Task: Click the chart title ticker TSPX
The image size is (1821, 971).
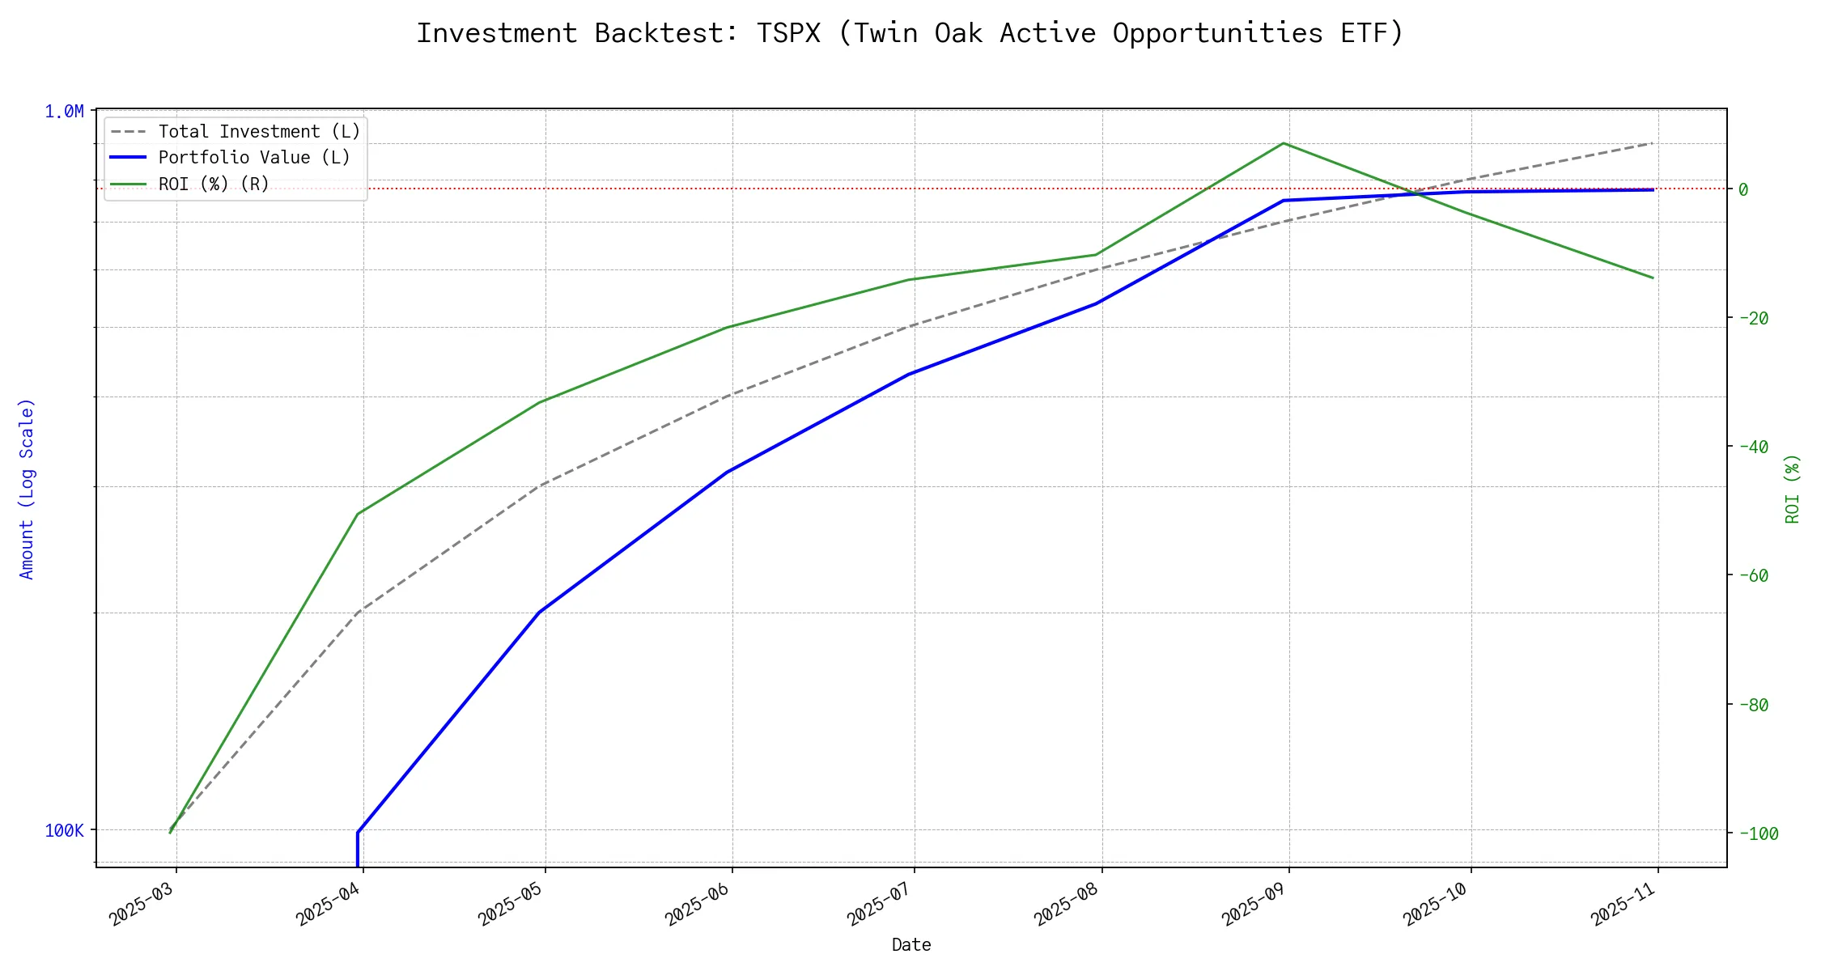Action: click(x=788, y=34)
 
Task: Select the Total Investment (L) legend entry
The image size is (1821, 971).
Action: click(x=259, y=132)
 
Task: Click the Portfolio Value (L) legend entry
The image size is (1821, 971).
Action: click(x=254, y=158)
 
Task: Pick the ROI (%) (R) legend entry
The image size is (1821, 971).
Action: click(x=214, y=184)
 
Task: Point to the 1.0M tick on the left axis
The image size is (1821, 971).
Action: click(x=64, y=112)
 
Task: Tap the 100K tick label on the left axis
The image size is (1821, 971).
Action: click(x=64, y=831)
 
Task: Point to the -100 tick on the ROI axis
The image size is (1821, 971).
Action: click(x=1758, y=833)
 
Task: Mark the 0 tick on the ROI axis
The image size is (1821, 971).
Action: click(x=1743, y=190)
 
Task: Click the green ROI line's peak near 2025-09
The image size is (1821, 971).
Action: click(x=1284, y=143)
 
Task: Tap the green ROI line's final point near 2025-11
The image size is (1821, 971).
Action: click(x=1653, y=278)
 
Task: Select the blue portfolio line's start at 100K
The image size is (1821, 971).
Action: click(x=358, y=832)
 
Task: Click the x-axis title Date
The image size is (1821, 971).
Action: click(x=911, y=945)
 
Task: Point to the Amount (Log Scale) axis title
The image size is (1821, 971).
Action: click(x=27, y=489)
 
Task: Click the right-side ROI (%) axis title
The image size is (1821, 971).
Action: click(x=1793, y=489)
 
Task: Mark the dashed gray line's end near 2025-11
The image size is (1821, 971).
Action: click(x=1653, y=143)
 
